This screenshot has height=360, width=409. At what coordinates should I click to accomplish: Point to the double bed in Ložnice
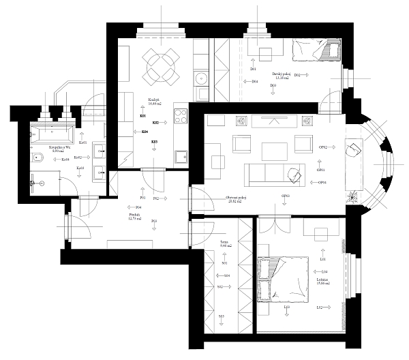286,277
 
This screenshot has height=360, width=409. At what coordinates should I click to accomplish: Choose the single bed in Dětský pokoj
316,51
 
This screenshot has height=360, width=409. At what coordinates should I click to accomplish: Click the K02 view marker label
155,123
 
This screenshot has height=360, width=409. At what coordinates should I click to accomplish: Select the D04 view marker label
254,82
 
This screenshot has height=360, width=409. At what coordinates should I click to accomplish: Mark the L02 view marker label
318,307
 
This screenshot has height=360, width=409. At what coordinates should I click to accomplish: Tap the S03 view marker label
222,317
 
